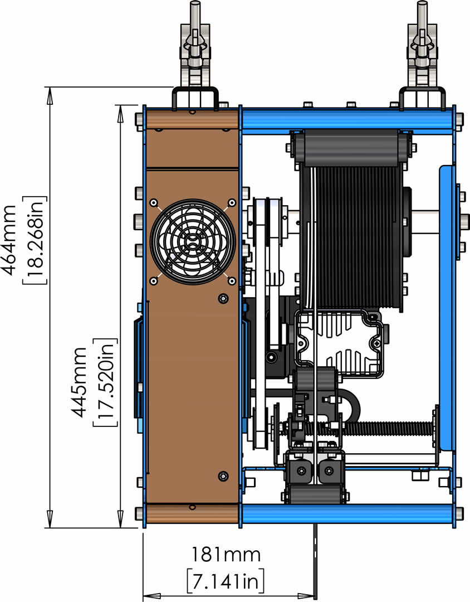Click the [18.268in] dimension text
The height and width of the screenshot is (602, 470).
pos(35,240)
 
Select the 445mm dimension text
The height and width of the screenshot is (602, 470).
pos(80,382)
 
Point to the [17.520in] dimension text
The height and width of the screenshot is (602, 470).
pos(105,382)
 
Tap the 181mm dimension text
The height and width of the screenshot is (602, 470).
pos(226,555)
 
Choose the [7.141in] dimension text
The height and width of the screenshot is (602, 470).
pos(226,581)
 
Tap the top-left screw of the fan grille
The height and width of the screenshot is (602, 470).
pos(154,202)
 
